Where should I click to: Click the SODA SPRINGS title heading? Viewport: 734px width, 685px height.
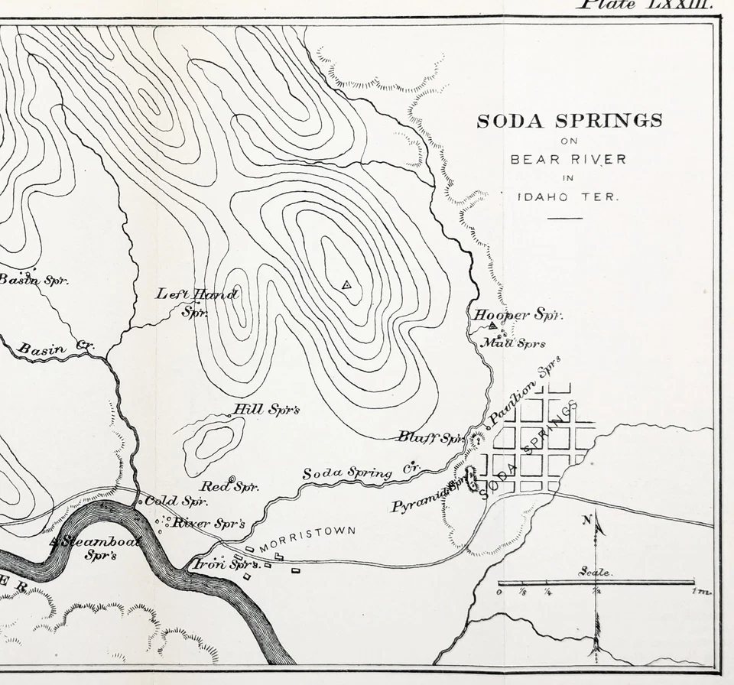[x=570, y=121]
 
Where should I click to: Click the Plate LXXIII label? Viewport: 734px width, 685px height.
[x=647, y=5]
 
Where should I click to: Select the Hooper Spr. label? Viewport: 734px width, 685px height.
[x=518, y=315]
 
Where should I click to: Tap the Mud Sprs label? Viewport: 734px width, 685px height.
[x=513, y=343]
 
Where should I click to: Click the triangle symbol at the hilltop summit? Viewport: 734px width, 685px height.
[x=346, y=285]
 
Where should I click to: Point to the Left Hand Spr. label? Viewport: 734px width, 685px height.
[x=197, y=301]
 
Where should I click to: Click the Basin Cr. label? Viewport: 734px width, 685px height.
[x=55, y=349]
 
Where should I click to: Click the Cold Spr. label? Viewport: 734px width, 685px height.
[x=176, y=502]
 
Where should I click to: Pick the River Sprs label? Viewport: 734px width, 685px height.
[x=208, y=524]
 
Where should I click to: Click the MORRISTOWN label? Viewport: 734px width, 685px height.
[x=307, y=538]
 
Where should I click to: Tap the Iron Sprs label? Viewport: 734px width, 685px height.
[x=224, y=565]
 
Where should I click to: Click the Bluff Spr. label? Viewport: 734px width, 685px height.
[x=431, y=437]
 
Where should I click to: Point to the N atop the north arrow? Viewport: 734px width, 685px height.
[x=587, y=521]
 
